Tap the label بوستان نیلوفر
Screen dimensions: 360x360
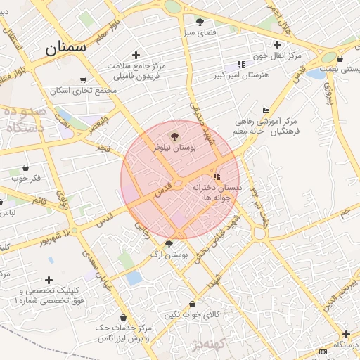(174, 148)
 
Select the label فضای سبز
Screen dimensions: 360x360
(200, 32)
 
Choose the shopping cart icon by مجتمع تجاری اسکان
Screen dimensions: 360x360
(84, 80)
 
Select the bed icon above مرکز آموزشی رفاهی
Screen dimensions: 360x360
(266, 110)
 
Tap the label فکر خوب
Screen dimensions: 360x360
(26, 178)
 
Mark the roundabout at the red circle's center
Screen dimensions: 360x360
(179, 185)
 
